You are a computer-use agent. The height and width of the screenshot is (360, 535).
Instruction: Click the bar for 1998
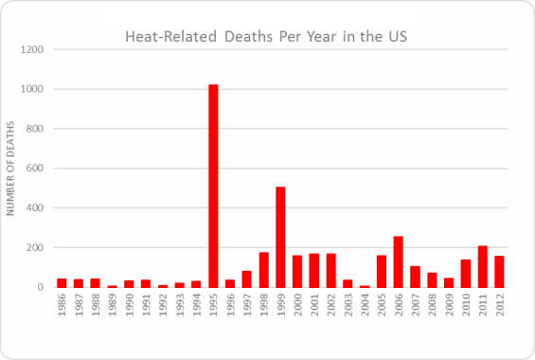pyautogui.click(x=264, y=270)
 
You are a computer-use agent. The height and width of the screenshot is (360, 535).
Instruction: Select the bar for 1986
pyautogui.click(x=62, y=282)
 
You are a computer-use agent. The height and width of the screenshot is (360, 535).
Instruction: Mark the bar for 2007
pyautogui.click(x=416, y=277)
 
